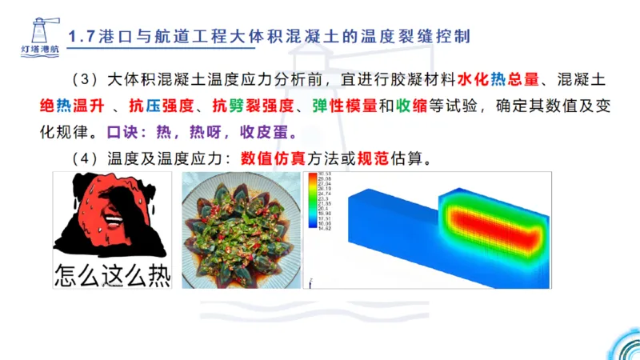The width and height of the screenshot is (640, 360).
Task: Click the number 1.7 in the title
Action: pyautogui.click(x=83, y=38)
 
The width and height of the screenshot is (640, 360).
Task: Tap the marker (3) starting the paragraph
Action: pyautogui.click(x=82, y=81)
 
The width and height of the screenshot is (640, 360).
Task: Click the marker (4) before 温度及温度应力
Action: pyautogui.click(x=82, y=158)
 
